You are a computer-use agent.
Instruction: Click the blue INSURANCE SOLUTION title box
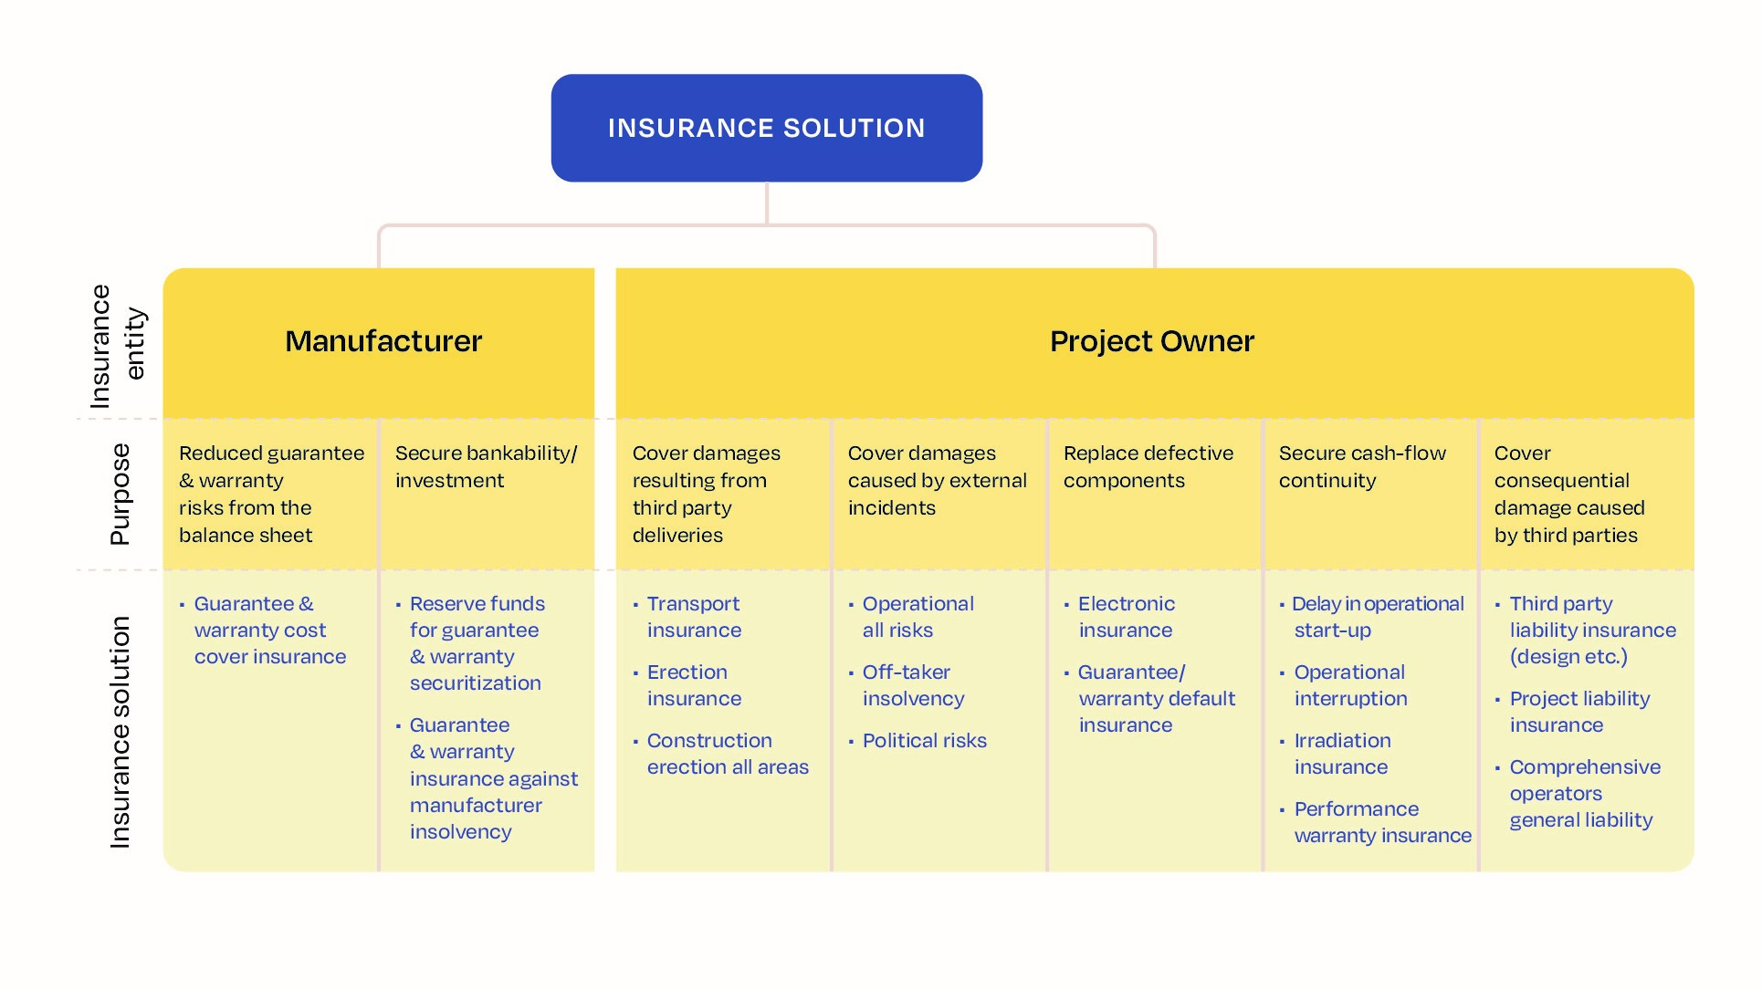click(766, 128)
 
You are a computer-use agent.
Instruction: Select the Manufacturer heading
click(383, 341)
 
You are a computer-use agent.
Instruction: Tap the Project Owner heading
click(1151, 341)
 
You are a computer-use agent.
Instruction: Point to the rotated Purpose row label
click(120, 494)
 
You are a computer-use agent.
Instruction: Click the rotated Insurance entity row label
click(117, 346)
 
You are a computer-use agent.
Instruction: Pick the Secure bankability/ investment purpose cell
click(485, 467)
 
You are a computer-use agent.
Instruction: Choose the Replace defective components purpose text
click(1148, 467)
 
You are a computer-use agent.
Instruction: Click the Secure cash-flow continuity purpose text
click(1361, 467)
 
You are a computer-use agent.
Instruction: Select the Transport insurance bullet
click(693, 617)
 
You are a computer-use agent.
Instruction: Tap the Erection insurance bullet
click(693, 685)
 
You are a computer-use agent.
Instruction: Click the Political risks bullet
click(923, 741)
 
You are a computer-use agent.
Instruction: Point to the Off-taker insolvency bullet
click(912, 685)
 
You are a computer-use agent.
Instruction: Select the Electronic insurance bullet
click(1125, 617)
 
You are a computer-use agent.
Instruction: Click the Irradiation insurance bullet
click(1341, 754)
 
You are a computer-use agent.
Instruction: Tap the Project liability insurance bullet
click(1578, 712)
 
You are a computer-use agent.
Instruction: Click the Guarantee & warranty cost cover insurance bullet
click(269, 630)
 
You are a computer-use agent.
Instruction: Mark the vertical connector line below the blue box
click(766, 203)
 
